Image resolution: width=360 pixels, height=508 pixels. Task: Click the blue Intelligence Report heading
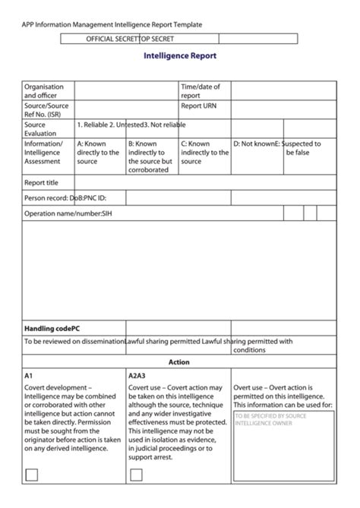(x=180, y=55)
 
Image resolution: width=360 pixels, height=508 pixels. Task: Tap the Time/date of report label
(x=200, y=91)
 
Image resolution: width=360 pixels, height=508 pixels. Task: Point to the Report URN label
(x=198, y=106)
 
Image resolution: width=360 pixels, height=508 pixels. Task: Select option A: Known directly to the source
(x=98, y=152)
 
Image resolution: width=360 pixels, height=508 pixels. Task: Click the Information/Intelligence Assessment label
(x=44, y=152)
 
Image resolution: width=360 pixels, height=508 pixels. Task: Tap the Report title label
(x=41, y=183)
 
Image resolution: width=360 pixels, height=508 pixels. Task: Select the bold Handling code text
(x=52, y=328)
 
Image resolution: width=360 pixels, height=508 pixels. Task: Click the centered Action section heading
(x=179, y=362)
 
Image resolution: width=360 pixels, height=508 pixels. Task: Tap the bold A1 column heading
(x=29, y=376)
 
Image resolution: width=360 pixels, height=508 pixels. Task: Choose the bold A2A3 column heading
(x=137, y=376)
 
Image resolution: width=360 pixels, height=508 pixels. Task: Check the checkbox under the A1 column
(x=32, y=475)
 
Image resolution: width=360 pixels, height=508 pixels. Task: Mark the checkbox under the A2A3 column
(x=137, y=475)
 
